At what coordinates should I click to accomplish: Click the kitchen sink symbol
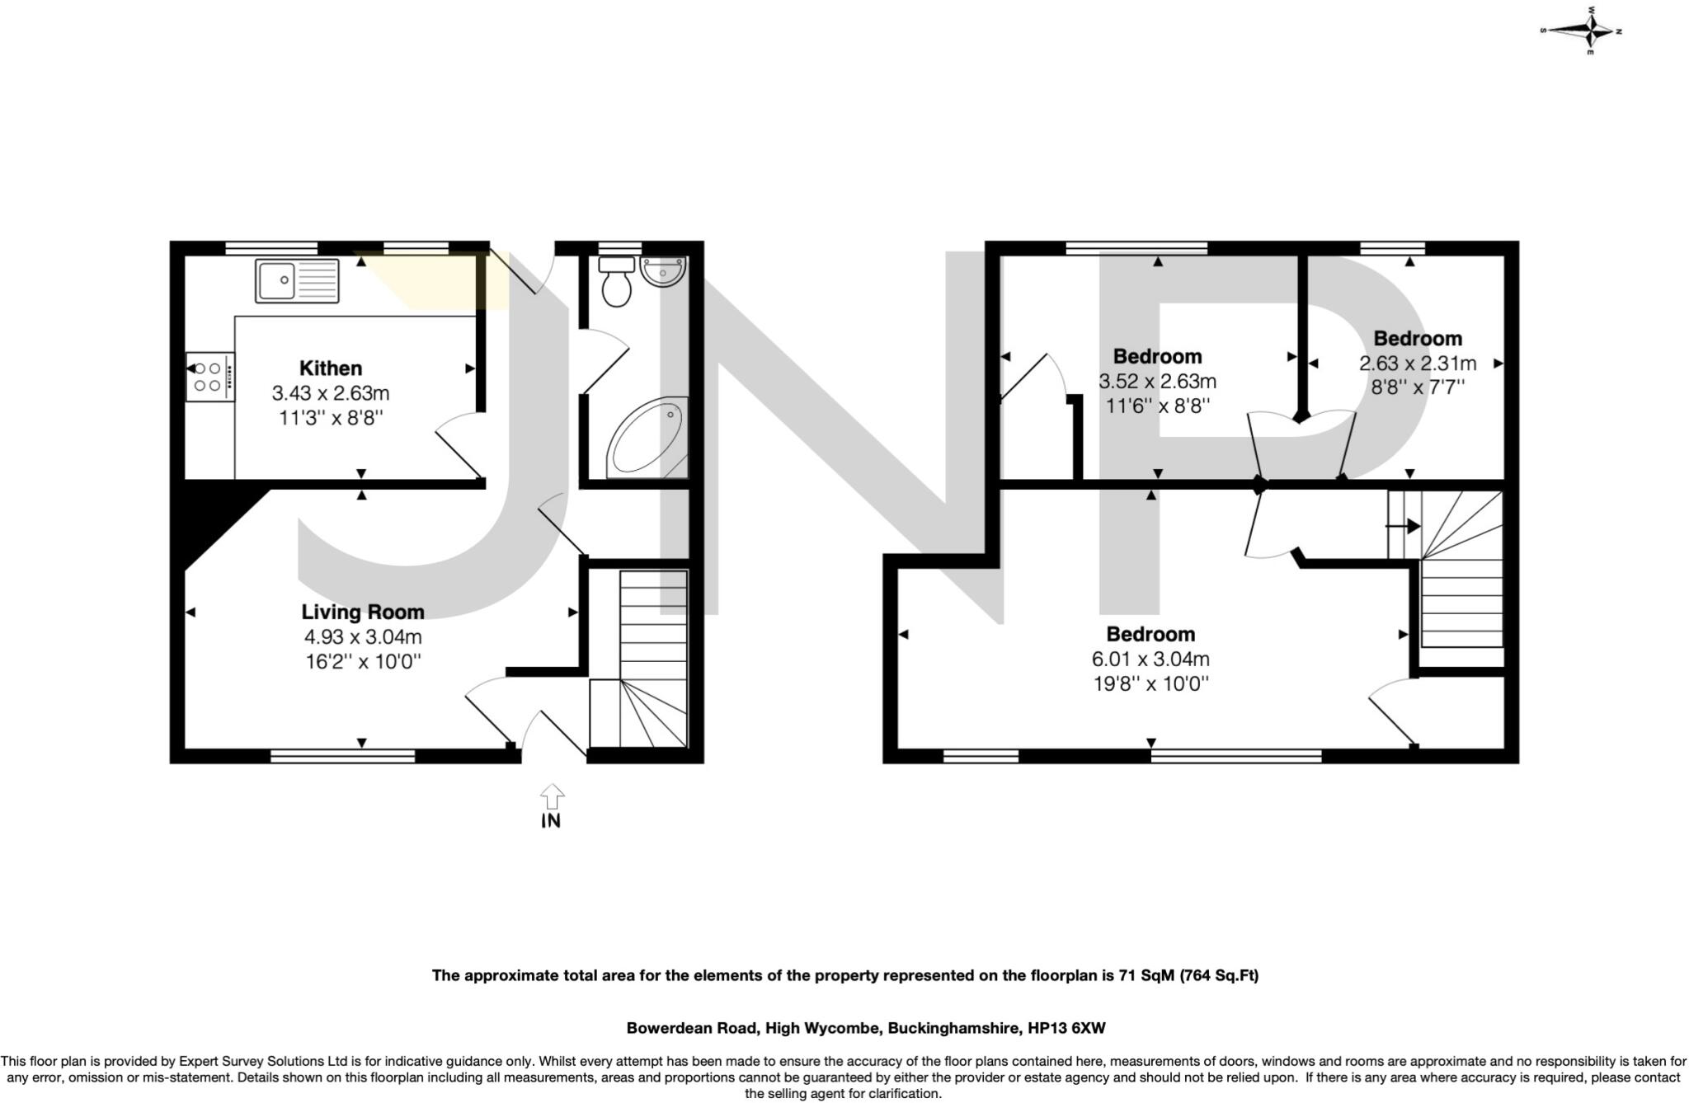tap(296, 281)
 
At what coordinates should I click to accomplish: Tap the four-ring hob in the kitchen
tap(209, 377)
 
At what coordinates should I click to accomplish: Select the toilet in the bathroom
tap(616, 281)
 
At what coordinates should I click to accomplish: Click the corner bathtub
tap(648, 439)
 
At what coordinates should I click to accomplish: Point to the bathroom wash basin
tap(663, 272)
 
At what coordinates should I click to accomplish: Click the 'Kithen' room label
tap(330, 368)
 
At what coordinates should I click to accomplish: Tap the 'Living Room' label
tap(363, 612)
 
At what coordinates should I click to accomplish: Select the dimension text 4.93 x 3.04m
tap(363, 636)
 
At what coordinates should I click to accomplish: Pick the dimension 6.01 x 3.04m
tap(1150, 659)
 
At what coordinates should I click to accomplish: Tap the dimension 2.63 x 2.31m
tap(1417, 363)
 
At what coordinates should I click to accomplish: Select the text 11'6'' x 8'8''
tap(1157, 406)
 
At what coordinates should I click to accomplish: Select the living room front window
tap(342, 754)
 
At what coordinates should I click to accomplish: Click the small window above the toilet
tap(619, 247)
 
